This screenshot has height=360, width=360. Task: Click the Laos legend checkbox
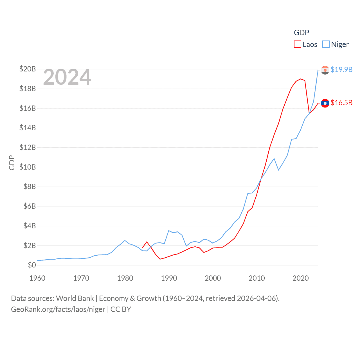[298, 44]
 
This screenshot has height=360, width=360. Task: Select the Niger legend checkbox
[326, 44]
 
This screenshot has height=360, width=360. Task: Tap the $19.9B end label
[341, 69]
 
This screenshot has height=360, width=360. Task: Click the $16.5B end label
[341, 103]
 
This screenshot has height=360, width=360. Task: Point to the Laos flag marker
[325, 103]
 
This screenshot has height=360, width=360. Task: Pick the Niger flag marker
[325, 70]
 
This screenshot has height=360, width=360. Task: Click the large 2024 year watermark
[67, 77]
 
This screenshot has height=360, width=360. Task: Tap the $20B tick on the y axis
[28, 69]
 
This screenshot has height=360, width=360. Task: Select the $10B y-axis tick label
[28, 167]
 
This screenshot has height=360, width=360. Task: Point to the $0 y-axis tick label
[32, 265]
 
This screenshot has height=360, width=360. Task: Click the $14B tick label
[28, 128]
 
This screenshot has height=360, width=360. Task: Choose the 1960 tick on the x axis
[37, 278]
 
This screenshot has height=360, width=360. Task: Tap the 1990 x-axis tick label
[169, 278]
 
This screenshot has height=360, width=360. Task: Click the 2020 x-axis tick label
[301, 278]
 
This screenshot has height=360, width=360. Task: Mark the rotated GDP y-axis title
[12, 163]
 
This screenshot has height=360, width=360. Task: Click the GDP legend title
[301, 33]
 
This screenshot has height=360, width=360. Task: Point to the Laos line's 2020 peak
[301, 79]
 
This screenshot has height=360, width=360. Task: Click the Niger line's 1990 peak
[169, 231]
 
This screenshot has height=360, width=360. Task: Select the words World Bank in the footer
[75, 298]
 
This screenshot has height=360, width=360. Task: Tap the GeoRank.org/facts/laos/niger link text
[58, 309]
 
